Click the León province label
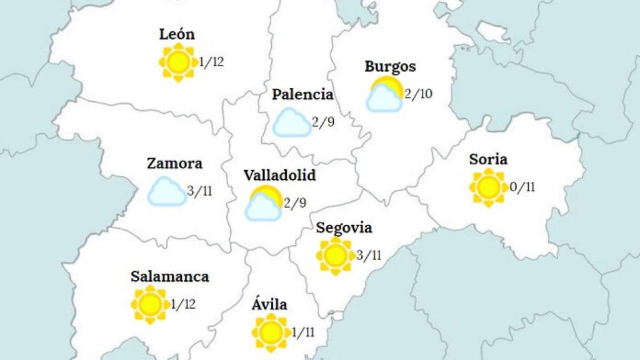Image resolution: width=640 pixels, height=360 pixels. click(177, 34)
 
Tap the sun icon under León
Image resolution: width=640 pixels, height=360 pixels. click(177, 62)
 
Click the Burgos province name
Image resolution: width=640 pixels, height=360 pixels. click(390, 66)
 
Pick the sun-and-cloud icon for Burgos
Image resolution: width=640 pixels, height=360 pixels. click(384, 95)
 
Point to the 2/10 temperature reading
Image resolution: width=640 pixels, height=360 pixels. click(419, 95)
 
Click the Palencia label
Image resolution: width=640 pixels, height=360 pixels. click(302, 95)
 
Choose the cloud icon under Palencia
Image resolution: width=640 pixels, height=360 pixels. click(292, 122)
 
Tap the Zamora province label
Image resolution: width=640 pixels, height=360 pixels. click(174, 164)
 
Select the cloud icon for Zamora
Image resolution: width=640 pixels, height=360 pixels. click(166, 191)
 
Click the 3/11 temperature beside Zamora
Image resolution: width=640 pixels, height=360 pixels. click(200, 191)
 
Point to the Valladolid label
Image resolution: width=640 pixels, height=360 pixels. click(279, 175)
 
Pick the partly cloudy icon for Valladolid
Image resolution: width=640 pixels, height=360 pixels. click(263, 203)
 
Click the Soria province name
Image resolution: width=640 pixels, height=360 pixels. click(488, 159)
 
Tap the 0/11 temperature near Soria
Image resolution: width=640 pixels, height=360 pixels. click(523, 187)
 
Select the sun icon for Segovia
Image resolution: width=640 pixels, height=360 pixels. click(335, 255)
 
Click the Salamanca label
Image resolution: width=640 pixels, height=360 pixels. click(170, 276)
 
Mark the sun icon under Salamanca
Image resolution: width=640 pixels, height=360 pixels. click(150, 304)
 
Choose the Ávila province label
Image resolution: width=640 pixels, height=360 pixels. click(269, 305)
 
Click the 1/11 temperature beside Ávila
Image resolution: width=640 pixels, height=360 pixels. click(304, 332)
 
